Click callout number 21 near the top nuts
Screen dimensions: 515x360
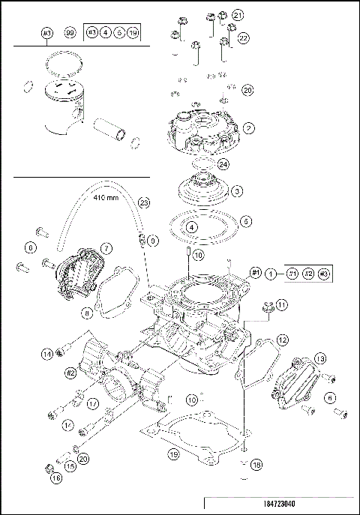click(238, 15)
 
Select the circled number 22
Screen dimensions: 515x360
click(244, 37)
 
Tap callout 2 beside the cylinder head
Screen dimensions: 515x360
click(248, 128)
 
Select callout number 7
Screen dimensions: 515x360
click(106, 247)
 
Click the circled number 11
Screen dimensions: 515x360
click(281, 305)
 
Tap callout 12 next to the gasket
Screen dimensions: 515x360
click(282, 340)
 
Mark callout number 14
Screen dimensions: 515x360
click(47, 353)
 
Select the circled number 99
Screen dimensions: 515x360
click(69, 34)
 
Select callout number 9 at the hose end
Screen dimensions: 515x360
click(153, 241)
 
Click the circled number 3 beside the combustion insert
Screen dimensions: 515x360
click(236, 192)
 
